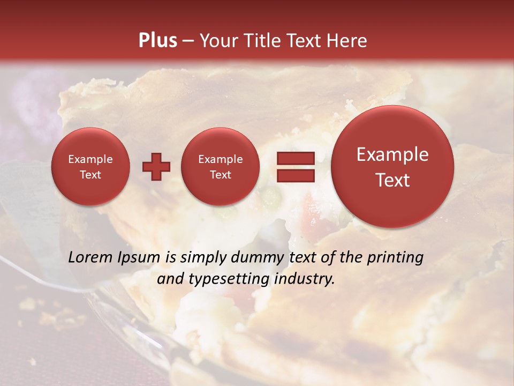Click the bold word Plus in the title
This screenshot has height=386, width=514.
157,41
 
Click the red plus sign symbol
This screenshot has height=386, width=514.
156,167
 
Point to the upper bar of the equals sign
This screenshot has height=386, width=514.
295,158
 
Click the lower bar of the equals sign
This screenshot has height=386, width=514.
295,175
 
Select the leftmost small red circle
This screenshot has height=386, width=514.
90,167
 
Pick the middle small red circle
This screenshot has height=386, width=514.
220,167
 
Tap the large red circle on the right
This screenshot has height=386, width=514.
392,167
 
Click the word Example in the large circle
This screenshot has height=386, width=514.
392,154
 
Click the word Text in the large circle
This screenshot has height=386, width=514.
392,180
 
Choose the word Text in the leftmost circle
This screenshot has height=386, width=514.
90,175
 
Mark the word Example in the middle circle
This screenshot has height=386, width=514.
220,159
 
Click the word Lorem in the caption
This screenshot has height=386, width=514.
88,258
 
